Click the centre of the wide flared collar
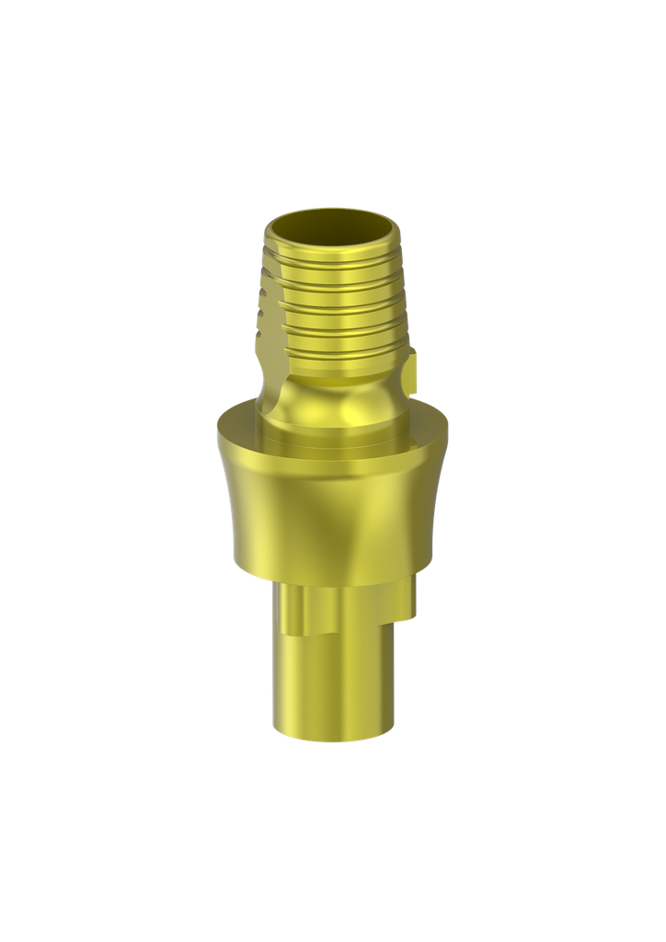[332, 506]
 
